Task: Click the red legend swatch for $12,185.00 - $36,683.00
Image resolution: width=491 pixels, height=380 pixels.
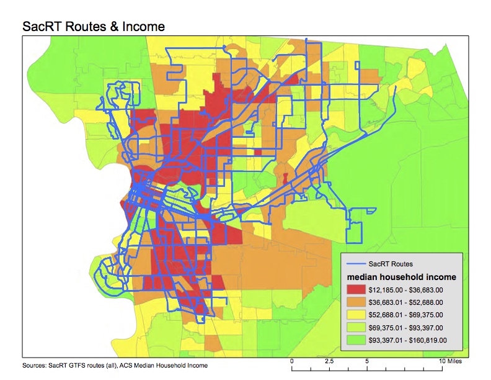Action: [359, 289]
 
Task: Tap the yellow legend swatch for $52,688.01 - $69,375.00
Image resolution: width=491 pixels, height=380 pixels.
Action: [359, 315]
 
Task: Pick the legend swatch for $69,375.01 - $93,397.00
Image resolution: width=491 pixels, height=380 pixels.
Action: [359, 327]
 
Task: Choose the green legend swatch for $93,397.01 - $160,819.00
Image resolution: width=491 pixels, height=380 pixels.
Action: [359, 340]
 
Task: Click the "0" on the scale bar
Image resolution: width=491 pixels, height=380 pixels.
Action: [292, 361]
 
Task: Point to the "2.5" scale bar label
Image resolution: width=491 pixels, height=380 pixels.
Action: [329, 361]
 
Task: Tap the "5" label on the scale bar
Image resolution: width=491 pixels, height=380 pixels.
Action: [367, 361]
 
